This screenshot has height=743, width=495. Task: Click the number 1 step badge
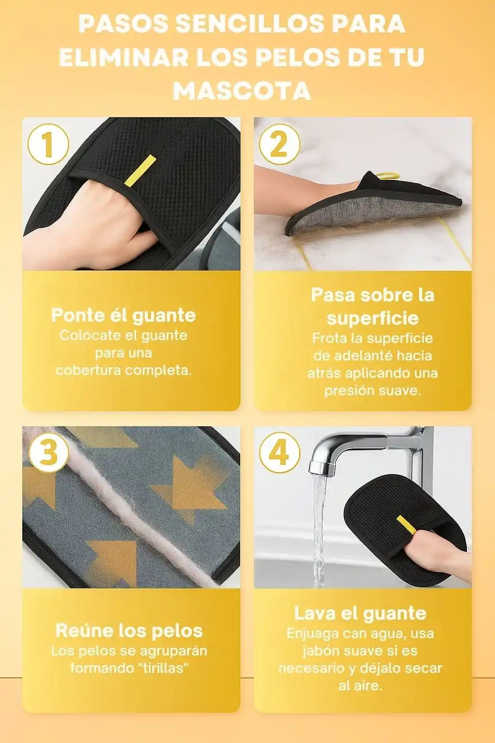(48, 144)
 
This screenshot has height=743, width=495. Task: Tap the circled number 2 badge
(279, 144)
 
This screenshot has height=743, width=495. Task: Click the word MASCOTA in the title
(242, 90)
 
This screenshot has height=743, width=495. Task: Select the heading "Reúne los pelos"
(129, 631)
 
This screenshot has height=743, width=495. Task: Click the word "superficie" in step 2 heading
(373, 318)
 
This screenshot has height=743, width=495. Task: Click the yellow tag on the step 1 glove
(140, 170)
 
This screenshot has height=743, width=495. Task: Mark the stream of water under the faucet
(319, 524)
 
